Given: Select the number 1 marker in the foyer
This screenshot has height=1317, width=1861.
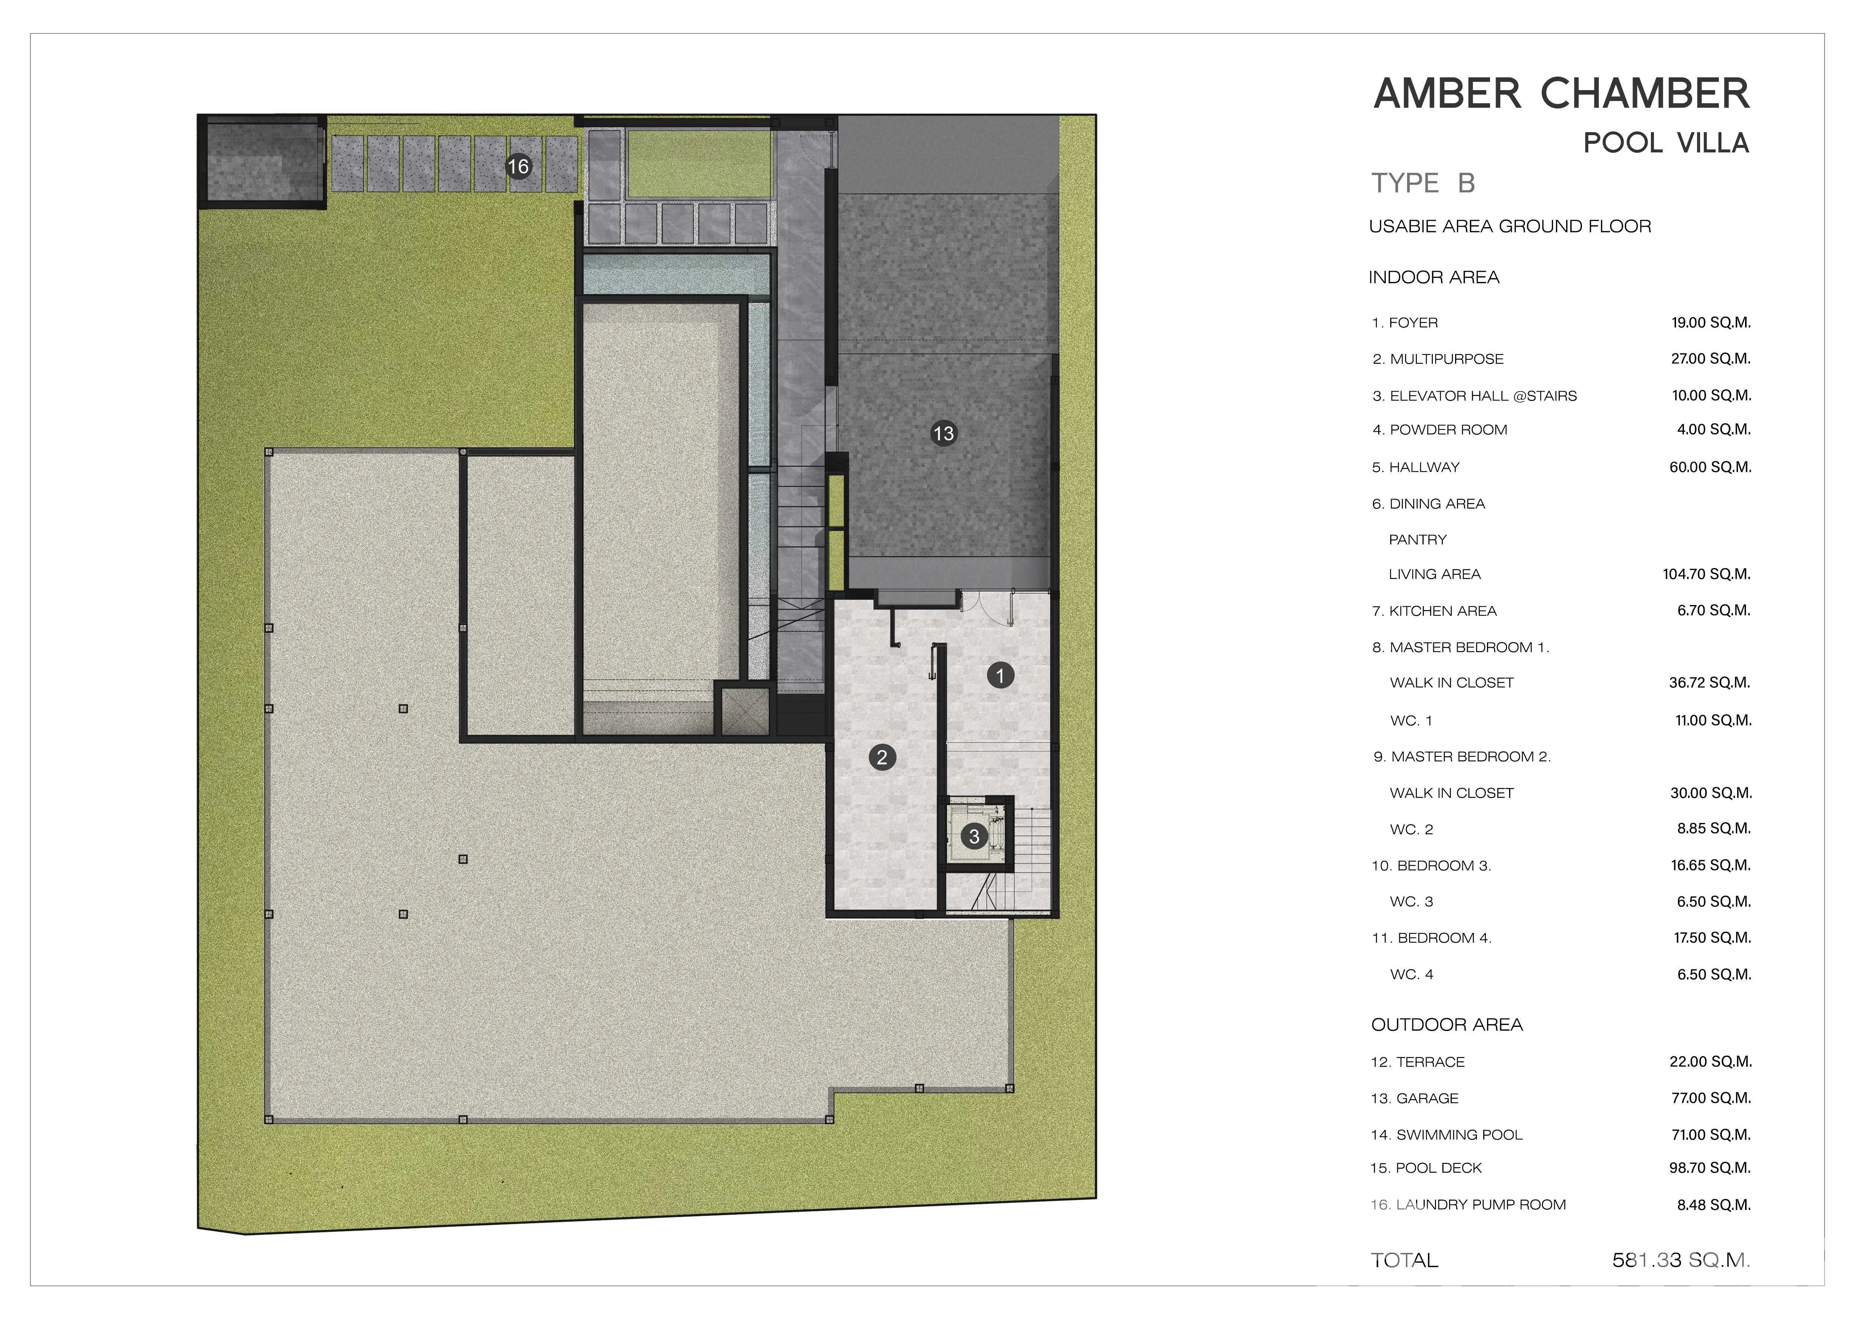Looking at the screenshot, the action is point(1000,675).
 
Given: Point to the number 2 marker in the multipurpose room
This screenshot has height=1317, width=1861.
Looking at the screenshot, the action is point(882,758).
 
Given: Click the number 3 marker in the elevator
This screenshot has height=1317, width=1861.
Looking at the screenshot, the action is point(974,836).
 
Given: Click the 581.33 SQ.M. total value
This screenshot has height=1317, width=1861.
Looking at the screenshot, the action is point(1681,1260).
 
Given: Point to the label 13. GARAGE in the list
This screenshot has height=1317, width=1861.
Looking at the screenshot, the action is point(1414,1098).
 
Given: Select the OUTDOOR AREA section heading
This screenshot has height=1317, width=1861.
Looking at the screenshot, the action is point(1447,1024).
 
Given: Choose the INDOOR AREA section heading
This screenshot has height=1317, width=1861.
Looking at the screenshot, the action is point(1434,277).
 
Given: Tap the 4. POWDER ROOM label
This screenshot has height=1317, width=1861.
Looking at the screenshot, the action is point(1439,430).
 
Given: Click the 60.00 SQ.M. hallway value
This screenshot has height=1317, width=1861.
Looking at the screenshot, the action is point(1710,467).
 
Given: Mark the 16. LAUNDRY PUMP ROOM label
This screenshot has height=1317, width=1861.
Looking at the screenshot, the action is point(1468,1204).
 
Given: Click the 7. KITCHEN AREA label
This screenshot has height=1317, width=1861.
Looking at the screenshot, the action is point(1434,611).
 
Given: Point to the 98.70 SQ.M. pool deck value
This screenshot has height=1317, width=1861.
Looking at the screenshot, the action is point(1710,1168).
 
